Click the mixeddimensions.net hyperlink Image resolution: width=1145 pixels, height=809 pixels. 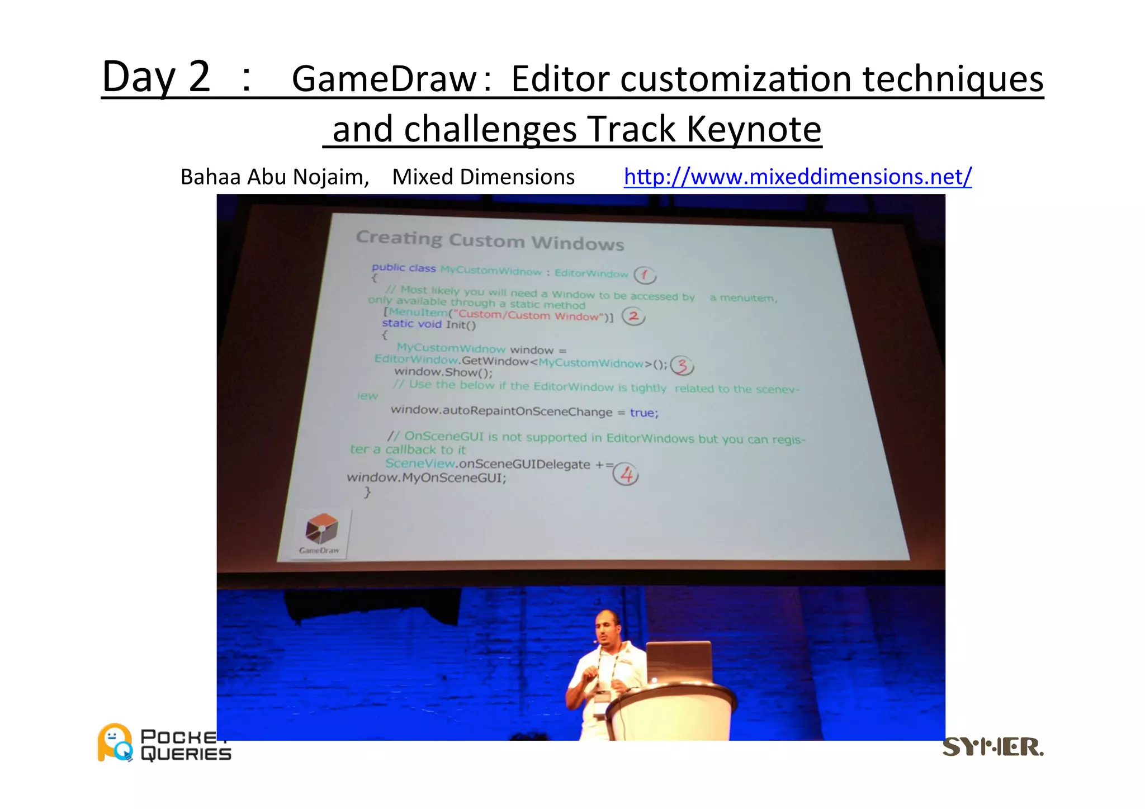click(x=797, y=177)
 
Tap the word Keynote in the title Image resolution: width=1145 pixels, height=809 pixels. click(x=754, y=129)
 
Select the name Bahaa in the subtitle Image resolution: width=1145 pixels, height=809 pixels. click(x=211, y=177)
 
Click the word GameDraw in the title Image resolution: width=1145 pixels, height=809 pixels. click(x=385, y=79)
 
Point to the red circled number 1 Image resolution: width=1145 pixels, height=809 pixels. click(x=645, y=275)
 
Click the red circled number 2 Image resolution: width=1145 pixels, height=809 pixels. click(x=633, y=316)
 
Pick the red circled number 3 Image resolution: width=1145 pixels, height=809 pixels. click(x=682, y=366)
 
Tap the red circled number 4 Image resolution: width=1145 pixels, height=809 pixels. click(x=626, y=475)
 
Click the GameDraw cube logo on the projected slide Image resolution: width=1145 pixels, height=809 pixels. click(x=321, y=528)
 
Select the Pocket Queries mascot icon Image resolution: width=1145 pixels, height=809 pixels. click(x=115, y=742)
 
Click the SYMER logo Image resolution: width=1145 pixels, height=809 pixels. click(x=992, y=747)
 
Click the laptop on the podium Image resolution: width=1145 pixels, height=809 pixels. click(x=679, y=663)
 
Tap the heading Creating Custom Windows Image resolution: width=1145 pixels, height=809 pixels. click(x=490, y=240)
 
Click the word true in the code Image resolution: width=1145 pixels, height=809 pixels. click(x=644, y=413)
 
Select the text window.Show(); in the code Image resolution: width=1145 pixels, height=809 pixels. click(x=443, y=372)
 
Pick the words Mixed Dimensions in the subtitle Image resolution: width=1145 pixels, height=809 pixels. click(x=483, y=177)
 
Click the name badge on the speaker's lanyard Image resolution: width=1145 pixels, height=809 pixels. click(x=601, y=698)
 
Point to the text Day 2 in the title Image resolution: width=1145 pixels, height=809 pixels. click(x=156, y=77)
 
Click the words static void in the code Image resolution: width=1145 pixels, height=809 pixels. click(x=411, y=324)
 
